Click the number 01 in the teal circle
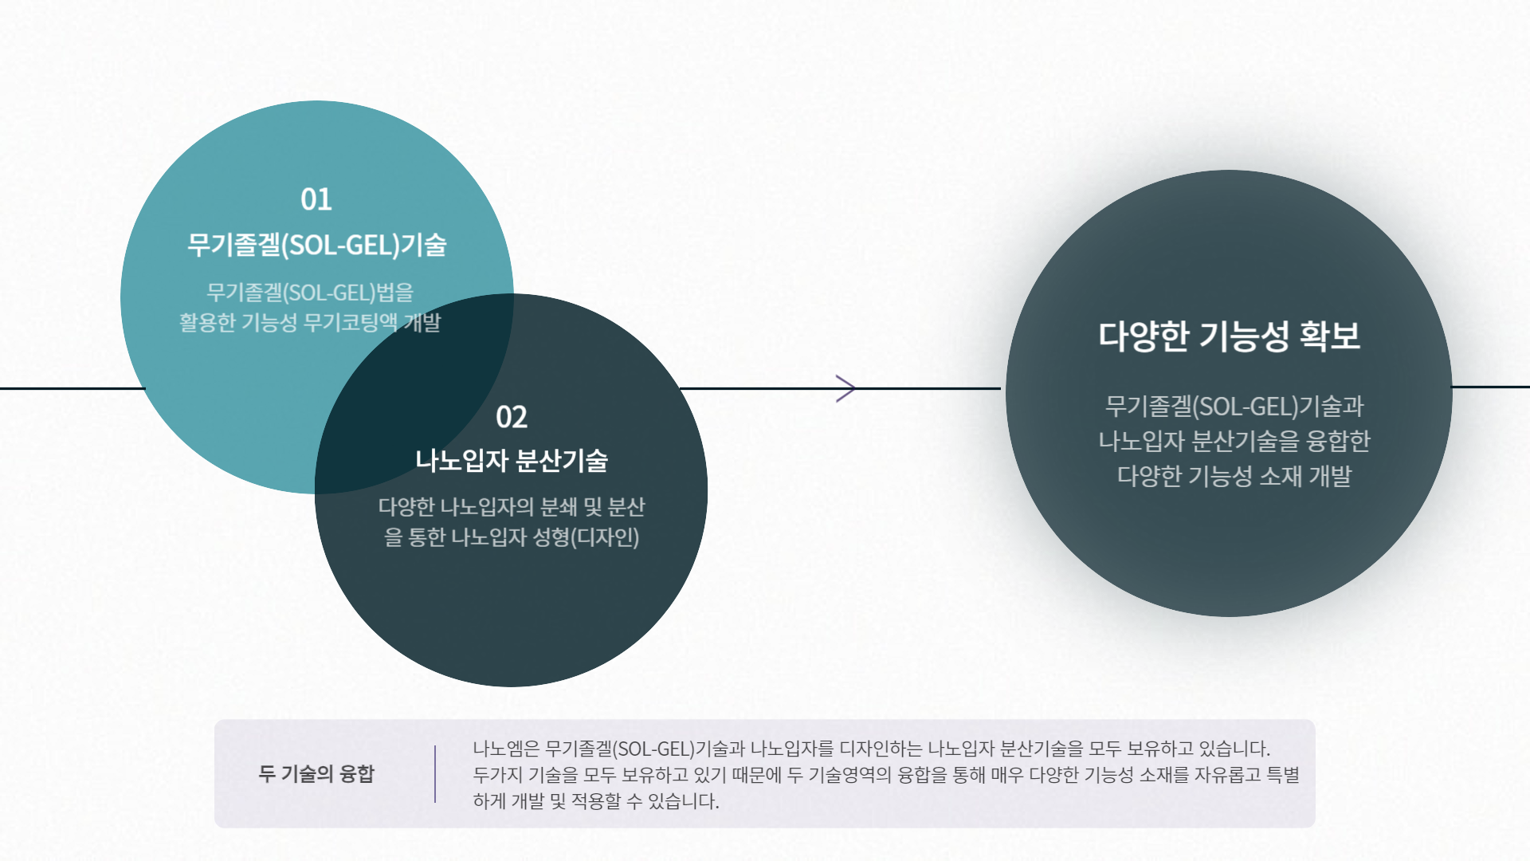coord(316,199)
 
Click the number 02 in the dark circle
coord(511,417)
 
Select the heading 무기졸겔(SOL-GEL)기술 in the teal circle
coord(316,245)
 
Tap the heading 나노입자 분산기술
coord(511,461)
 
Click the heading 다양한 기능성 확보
coord(1229,336)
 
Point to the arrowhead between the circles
coord(845,388)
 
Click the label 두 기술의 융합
coord(316,773)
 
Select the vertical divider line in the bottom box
coord(435,773)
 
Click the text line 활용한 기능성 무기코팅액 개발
coord(309,323)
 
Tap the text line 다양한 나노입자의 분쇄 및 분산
coord(511,507)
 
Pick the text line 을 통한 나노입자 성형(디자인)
coord(511,537)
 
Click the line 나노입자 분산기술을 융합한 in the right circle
coord(1234,441)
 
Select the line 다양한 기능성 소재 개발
coord(1234,476)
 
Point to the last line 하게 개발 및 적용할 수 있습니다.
coord(595,801)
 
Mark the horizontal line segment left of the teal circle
coord(72,388)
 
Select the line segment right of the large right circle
coord(1490,387)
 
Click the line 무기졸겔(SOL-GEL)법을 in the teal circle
coord(309,293)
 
